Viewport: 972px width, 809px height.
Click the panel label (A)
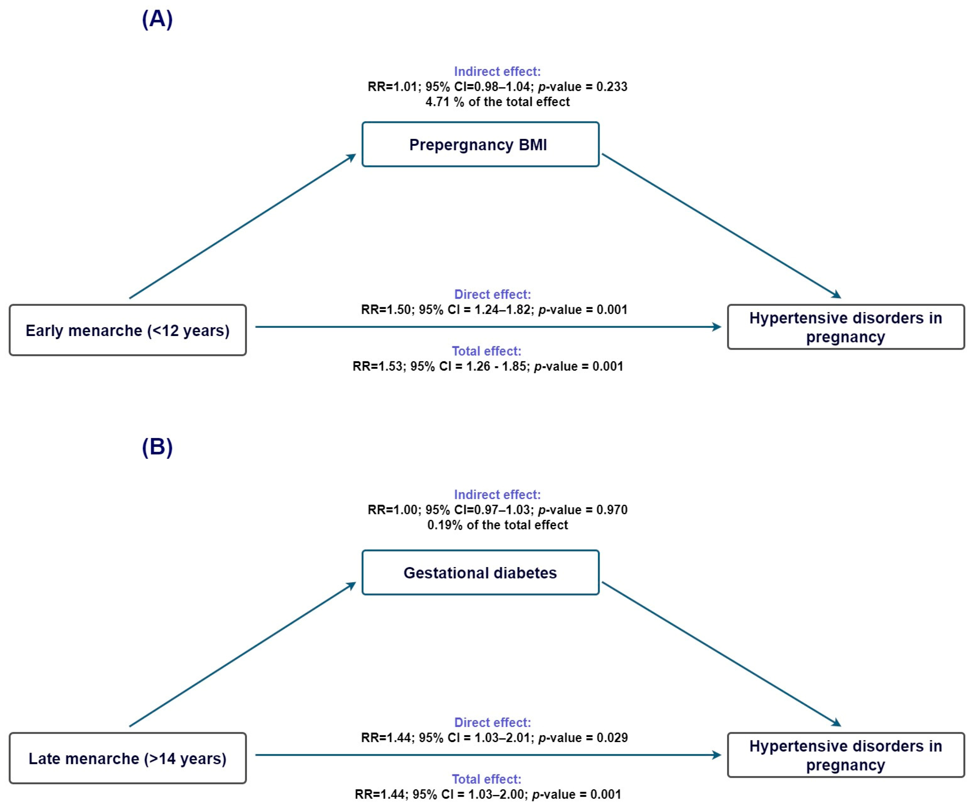pyautogui.click(x=157, y=20)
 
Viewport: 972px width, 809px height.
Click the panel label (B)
pyautogui.click(x=157, y=447)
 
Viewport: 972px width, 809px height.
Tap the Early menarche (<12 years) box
pyautogui.click(x=127, y=330)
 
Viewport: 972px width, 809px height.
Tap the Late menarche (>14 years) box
pyautogui.click(x=127, y=758)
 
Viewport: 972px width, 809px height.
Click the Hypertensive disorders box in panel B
pyautogui.click(x=845, y=755)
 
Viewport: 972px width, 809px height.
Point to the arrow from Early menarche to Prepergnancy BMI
pyautogui.click(x=242, y=226)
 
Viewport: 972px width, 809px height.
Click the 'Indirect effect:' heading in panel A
pyautogui.click(x=497, y=71)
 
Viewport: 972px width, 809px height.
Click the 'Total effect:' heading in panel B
pyautogui.click(x=486, y=779)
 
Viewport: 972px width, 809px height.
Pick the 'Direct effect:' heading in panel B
pyautogui.click(x=492, y=723)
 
